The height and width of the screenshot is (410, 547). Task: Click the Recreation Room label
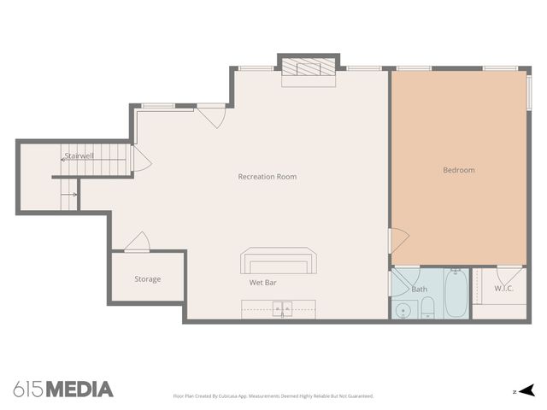[x=268, y=177]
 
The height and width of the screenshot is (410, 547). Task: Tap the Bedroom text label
[x=458, y=170]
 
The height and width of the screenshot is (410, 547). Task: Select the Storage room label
[x=147, y=279]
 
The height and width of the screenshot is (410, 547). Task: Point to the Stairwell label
[x=79, y=156]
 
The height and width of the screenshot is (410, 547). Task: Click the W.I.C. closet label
[x=503, y=288]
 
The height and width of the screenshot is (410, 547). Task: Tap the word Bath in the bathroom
[x=419, y=290]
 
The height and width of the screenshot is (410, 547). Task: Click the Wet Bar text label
[x=262, y=282]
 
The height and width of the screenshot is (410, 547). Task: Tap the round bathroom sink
[x=402, y=310]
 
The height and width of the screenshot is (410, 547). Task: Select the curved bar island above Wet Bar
[x=279, y=260]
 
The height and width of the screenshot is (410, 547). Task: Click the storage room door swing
[x=138, y=243]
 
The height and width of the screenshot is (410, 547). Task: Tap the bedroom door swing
[x=399, y=241]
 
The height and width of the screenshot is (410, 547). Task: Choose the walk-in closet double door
[x=509, y=275]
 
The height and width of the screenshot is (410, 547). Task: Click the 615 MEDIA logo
[x=63, y=389]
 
